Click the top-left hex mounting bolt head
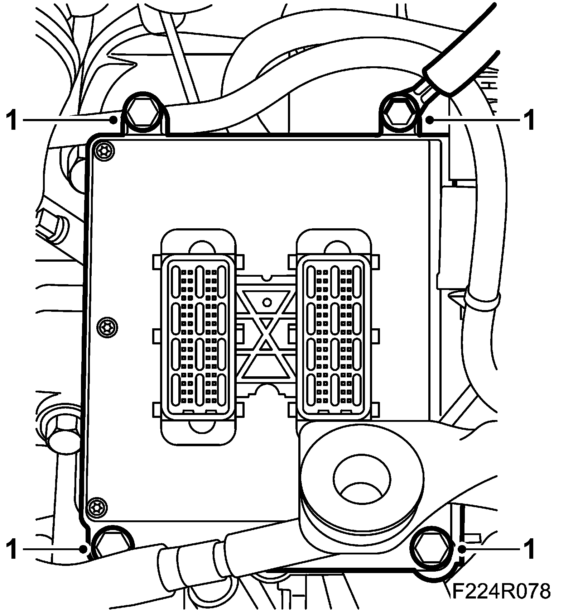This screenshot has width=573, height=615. click(143, 112)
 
